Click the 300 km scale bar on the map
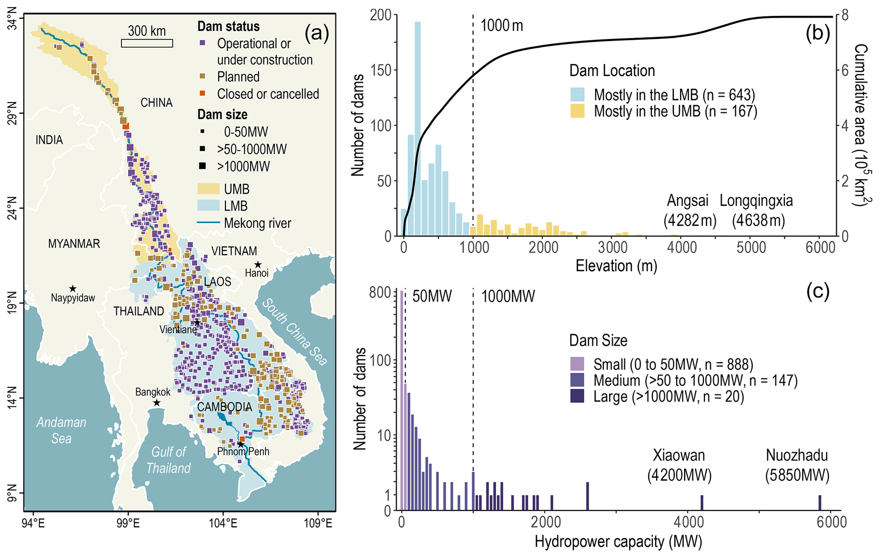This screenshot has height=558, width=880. coord(147,43)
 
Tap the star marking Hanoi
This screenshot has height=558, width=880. coord(258,265)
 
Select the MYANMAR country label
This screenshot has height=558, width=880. coord(74,244)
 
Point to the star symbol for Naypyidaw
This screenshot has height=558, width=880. coord(73,289)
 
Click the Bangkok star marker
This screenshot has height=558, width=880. coord(157,403)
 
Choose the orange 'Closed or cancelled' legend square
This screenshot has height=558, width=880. coord(203,94)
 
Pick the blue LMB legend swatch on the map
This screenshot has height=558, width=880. coord(208,206)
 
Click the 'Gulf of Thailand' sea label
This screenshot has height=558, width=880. coord(169,460)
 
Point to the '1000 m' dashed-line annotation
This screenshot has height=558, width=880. coord(502,26)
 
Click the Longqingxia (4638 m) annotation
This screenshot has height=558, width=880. coord(757,210)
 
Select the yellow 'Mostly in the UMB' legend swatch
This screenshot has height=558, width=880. coord(577,111)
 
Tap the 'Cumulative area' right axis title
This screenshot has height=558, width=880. coord(860,126)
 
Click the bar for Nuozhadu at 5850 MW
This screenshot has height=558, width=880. coord(820,502)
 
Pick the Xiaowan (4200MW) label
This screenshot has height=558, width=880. coord(679,465)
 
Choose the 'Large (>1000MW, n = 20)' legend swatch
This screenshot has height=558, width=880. coord(577,397)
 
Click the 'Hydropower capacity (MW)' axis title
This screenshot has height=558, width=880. coord(618,542)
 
